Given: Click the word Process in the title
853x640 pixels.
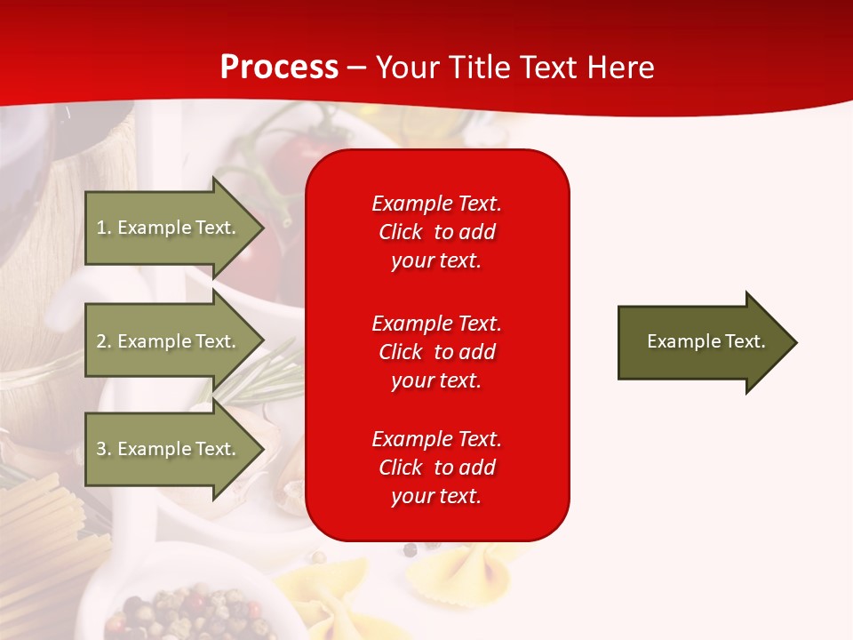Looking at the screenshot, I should point(279,68).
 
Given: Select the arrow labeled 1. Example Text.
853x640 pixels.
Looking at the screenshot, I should point(169,228).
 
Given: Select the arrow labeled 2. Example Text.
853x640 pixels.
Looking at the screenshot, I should point(169,341).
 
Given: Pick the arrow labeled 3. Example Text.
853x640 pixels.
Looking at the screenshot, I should point(169,449).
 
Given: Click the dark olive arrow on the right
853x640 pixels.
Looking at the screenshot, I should point(702,342).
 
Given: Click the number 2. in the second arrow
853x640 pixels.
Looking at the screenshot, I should point(103,341).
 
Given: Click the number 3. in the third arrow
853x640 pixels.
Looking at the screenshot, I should point(103,449).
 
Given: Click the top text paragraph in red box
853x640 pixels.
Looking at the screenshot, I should point(436,232).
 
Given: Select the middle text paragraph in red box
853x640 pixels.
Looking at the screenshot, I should point(436,351).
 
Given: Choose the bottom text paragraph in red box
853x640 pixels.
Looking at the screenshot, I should point(436,468).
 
